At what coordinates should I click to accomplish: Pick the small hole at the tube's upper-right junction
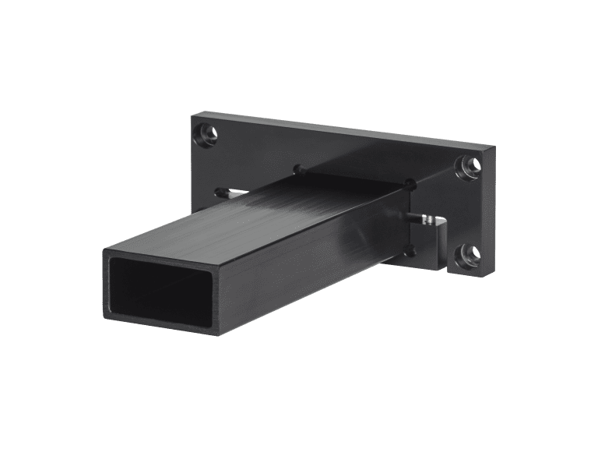(x=410, y=184)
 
